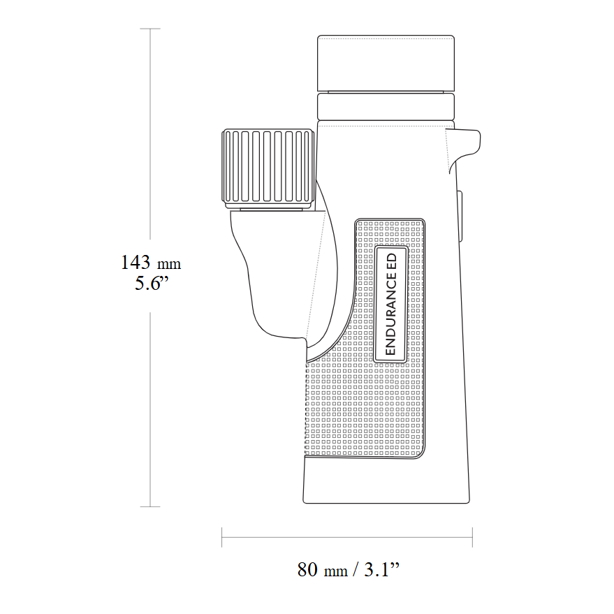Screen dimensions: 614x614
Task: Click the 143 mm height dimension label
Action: pos(151,263)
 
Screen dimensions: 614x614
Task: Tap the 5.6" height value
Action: pos(152,283)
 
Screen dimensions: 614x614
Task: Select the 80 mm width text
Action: pos(322,570)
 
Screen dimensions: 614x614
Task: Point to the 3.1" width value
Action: pos(382,570)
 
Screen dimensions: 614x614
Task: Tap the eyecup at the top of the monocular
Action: pos(386,63)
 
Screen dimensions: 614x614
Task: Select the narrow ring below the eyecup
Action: pos(386,106)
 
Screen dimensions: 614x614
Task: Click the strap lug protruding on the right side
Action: pos(466,145)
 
